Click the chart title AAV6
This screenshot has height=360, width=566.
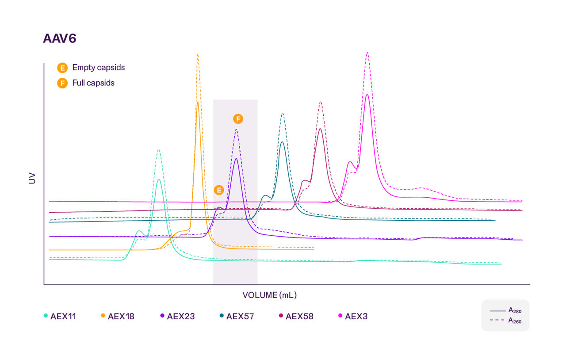pyautogui.click(x=60, y=38)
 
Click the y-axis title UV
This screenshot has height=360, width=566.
pyautogui.click(x=32, y=178)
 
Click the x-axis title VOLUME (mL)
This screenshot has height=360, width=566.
pyautogui.click(x=269, y=295)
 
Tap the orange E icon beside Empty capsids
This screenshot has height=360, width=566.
pyautogui.click(x=62, y=68)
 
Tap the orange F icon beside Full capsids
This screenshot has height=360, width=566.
pyautogui.click(x=62, y=83)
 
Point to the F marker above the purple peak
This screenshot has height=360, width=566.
pyautogui.click(x=238, y=119)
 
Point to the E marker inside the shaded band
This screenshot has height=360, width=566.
pyautogui.click(x=218, y=190)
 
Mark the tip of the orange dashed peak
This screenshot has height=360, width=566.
pyautogui.click(x=198, y=55)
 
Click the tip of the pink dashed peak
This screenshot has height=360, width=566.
pyautogui.click(x=367, y=53)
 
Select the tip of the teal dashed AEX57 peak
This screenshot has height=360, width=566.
pyautogui.click(x=282, y=113)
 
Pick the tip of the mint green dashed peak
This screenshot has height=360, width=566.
pyautogui.click(x=158, y=149)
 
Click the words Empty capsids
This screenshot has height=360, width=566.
pyautogui.click(x=98, y=68)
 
